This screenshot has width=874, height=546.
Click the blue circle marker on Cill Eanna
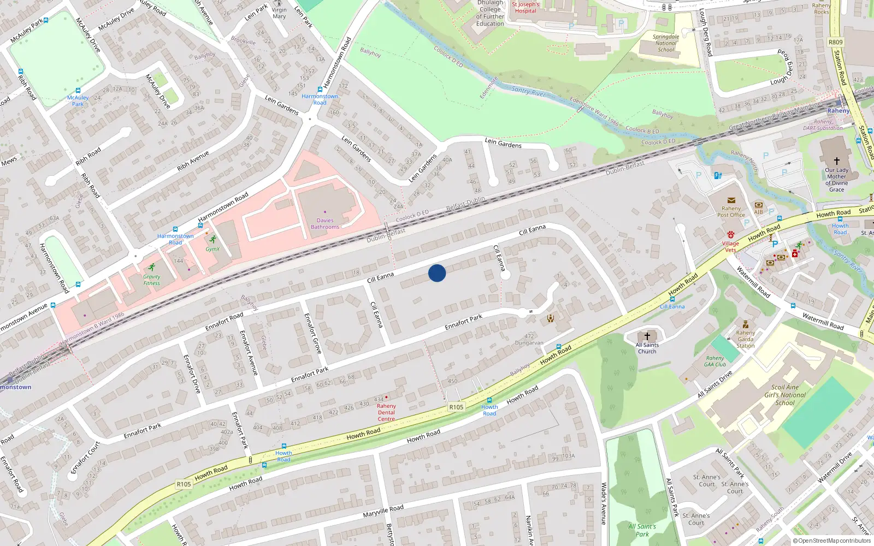coord(437,273)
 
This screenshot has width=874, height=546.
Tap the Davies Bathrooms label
coord(325,224)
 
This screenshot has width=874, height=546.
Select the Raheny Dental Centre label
coord(386,412)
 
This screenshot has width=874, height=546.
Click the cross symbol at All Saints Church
coord(647,336)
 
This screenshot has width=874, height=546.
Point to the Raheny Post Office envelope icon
coord(731,200)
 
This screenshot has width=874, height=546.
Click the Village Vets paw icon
coord(731,235)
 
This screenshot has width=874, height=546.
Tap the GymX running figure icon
coord(212,240)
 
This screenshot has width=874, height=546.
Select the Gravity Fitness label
coord(152,280)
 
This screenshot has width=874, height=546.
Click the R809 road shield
coord(835,42)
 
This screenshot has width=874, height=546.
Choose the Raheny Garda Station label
coord(746,339)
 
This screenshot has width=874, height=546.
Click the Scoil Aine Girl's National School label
coord(785,395)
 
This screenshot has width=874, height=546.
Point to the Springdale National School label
coord(666,43)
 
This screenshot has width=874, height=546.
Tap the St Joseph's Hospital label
coord(525,8)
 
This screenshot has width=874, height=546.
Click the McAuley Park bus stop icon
coord(78,91)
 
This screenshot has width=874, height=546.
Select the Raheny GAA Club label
coord(715,361)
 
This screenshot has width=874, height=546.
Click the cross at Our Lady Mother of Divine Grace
coord(836,161)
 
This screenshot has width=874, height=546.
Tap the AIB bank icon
coord(758,205)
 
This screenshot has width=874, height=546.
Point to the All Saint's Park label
coord(642,530)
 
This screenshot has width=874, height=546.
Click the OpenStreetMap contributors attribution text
coord(831,541)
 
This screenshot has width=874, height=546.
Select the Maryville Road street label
coord(383,511)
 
